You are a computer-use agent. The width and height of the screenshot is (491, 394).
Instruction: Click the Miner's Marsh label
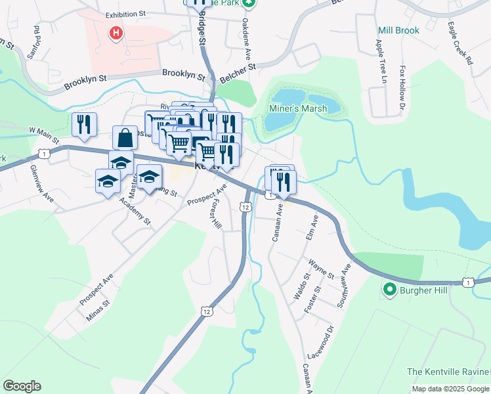click(298, 108)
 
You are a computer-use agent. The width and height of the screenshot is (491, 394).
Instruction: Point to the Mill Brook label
click(398, 30)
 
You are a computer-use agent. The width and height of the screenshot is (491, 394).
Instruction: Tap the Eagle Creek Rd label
click(460, 44)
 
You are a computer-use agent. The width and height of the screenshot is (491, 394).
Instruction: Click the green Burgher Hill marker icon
click(389, 289)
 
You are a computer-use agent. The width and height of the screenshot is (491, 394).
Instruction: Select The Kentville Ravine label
click(447, 372)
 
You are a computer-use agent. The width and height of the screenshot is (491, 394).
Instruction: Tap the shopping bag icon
click(125, 139)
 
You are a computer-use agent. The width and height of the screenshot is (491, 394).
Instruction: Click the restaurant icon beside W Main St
click(84, 125)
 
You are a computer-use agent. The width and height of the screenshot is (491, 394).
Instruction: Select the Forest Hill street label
click(215, 211)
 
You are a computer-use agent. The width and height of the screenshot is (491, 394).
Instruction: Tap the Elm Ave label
click(312, 226)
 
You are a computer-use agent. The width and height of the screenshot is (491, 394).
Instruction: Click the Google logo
click(22, 385)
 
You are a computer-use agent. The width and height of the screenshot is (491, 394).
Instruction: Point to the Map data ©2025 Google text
click(450, 389)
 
